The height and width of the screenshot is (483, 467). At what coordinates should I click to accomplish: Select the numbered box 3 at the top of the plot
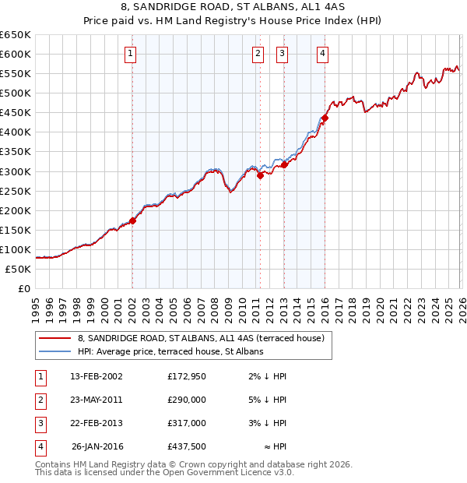coord(282,54)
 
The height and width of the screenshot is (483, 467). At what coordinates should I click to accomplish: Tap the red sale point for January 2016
coord(325,118)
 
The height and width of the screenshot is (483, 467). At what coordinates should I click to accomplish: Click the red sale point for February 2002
coord(133,220)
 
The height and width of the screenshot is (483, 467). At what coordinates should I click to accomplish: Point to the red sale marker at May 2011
coord(260,175)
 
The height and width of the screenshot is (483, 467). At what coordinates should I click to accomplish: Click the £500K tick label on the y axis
coord(16,93)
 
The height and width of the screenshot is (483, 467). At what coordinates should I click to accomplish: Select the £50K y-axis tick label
coord(18,270)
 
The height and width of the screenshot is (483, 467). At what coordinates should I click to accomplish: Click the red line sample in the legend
coord(56,338)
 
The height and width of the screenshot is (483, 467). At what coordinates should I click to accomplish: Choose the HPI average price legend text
coord(170,351)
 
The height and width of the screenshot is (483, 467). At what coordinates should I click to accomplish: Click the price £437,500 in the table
coord(187,446)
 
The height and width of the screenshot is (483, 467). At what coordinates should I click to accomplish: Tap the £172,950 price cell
coord(187,376)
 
